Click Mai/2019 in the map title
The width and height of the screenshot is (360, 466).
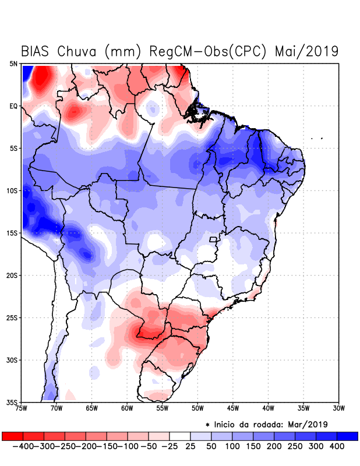coord(306,51)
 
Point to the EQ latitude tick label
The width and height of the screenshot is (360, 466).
coord(13,106)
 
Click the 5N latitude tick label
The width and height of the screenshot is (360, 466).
coord(13,63)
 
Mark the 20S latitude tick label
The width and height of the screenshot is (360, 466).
coord(12,276)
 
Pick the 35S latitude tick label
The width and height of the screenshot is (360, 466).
coord(12,403)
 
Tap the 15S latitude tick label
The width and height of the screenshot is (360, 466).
coord(12,233)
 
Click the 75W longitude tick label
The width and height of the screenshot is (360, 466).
coord(22,409)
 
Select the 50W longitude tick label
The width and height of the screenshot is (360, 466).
coord(198,409)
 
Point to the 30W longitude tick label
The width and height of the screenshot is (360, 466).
coord(339,409)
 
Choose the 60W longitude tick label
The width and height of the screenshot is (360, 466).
coord(128,409)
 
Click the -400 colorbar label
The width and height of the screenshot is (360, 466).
coord(22,446)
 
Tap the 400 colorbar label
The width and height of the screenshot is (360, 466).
coord(336,446)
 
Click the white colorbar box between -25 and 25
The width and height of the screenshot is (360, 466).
coord(180,436)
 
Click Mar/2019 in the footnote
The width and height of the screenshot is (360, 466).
coord(308,423)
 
